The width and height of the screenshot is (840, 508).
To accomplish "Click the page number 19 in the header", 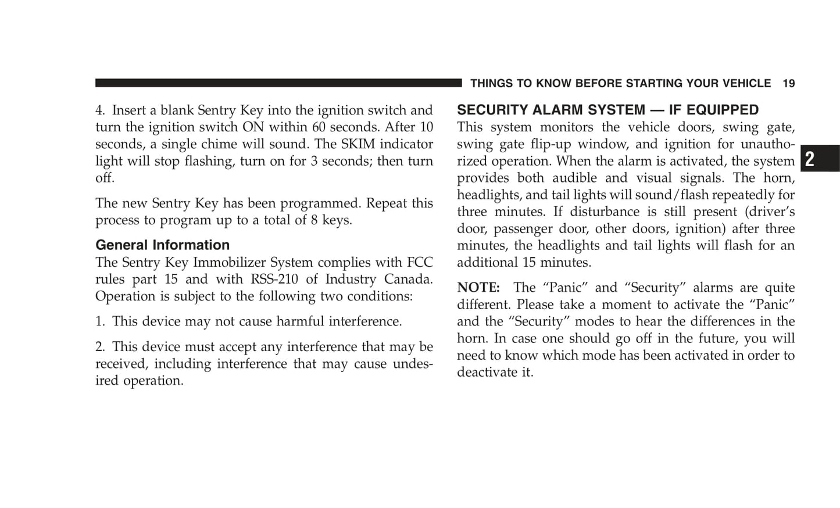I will pos(788,84).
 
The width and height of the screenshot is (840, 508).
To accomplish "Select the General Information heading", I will pos(162,245).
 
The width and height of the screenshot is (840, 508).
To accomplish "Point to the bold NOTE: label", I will pos(478,288).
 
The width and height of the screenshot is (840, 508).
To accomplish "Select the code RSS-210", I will pos(274,279).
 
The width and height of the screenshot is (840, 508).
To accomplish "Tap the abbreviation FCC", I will pos(420,262).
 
